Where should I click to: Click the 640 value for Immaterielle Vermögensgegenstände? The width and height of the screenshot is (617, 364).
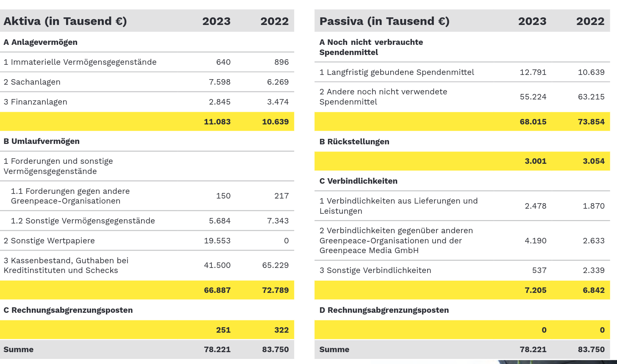point(223,62)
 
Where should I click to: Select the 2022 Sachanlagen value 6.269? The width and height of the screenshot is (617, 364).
point(278,82)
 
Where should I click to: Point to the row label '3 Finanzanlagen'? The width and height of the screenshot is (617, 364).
point(35,102)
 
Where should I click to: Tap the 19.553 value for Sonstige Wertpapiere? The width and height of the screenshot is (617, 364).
point(217,241)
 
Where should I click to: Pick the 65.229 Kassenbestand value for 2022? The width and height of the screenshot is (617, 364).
point(275,265)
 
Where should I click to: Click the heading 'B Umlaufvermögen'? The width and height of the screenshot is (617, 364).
point(42,141)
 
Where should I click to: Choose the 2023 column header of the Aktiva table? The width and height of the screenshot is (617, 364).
point(216,21)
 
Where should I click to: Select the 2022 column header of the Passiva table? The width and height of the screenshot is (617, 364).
point(590,21)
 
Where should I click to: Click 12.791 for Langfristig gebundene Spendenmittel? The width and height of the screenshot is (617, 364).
point(533,72)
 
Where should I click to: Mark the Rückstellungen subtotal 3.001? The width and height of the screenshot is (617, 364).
point(536,161)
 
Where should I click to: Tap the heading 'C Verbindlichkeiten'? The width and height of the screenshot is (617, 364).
point(359,181)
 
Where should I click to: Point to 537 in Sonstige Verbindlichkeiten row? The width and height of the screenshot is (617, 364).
point(539,270)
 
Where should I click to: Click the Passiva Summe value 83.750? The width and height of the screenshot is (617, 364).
point(591,350)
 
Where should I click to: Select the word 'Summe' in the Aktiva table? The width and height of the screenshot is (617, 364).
point(19,350)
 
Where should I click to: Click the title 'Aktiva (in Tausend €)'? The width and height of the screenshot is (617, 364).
point(65,21)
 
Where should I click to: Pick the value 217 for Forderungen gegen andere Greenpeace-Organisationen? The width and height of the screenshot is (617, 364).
point(281,196)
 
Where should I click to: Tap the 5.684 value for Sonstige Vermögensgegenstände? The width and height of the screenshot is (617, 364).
point(220,221)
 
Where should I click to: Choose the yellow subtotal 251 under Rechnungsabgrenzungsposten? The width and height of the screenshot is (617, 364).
point(223,330)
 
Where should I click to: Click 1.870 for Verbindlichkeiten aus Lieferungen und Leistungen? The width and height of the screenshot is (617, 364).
point(594,206)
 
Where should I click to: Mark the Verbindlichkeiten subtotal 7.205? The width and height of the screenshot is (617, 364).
point(536,290)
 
